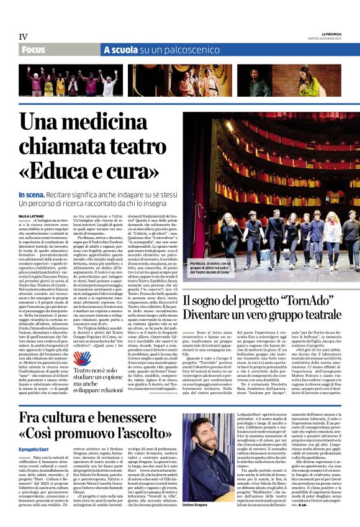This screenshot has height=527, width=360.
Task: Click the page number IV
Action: (x=23, y=37)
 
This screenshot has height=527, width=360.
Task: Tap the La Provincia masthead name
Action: (x=331, y=34)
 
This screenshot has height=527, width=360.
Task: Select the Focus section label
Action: (x=34, y=49)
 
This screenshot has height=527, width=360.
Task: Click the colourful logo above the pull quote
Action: (x=82, y=359)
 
